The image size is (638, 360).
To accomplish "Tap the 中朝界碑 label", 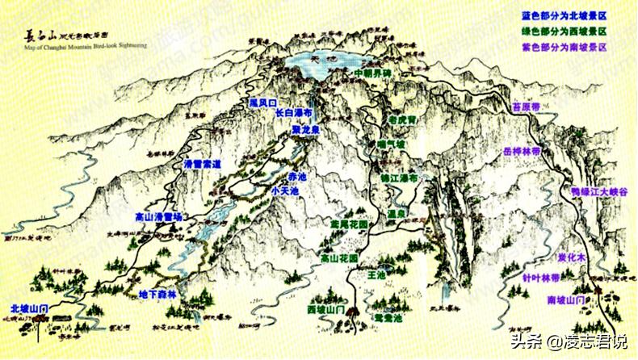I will click(x=377, y=74).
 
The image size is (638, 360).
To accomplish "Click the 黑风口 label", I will click(x=263, y=103).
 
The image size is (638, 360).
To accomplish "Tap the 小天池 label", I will click(x=285, y=190).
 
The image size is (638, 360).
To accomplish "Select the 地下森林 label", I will click(x=157, y=294).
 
